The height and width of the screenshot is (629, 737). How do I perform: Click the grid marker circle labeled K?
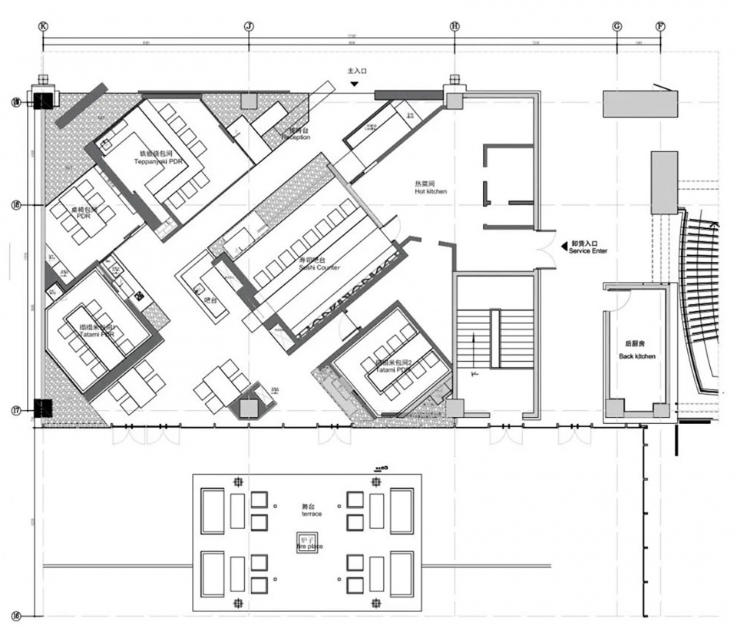coord(43,25)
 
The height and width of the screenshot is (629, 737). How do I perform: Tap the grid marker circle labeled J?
coord(248,25)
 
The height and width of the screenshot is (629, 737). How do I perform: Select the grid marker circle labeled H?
coord(454,25)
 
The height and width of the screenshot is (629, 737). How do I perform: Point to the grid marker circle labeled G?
coord(616,25)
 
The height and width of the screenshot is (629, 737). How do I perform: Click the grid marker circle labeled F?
coord(660,25)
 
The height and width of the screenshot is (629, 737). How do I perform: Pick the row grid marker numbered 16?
coord(16,615)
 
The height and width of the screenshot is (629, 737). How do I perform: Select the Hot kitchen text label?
coord(430,187)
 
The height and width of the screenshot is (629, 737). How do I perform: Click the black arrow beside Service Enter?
coord(563,246)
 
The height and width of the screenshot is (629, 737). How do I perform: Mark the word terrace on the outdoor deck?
coord(311,513)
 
